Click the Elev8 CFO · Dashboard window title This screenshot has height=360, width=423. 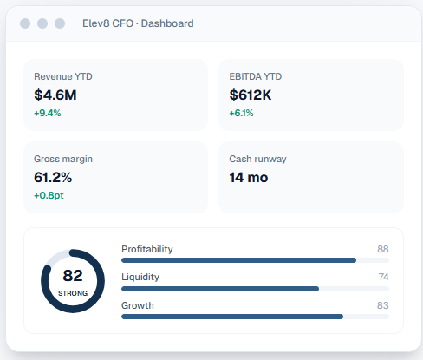(138, 23)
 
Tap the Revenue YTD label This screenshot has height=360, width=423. (63, 76)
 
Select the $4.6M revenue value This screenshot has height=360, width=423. (55, 95)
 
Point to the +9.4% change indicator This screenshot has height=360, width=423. (48, 113)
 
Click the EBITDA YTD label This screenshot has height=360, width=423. (256, 76)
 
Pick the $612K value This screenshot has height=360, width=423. (251, 95)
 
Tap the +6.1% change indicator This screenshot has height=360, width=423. (241, 113)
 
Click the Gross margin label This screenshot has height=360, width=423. (63, 160)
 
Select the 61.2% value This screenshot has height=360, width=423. (53, 177)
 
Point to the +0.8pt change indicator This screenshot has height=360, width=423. (49, 195)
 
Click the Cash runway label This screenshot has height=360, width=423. (257, 160)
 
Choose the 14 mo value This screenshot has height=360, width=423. (249, 177)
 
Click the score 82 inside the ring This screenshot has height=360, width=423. (73, 275)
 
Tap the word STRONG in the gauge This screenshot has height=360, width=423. (73, 293)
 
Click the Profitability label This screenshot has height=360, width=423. (147, 249)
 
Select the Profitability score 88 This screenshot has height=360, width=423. (383, 249)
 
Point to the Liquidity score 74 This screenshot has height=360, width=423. (383, 277)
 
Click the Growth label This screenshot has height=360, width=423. (138, 305)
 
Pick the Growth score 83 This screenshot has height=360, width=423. (383, 305)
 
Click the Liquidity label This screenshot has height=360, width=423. (140, 277)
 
